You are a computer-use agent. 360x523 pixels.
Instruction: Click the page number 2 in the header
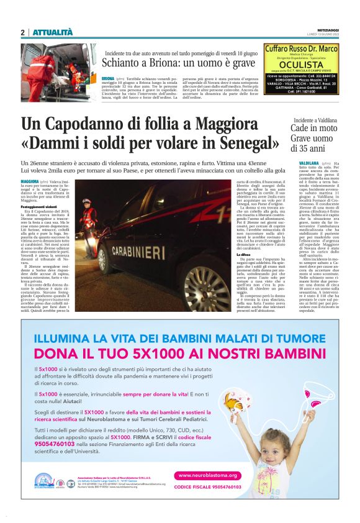[x=22, y=32]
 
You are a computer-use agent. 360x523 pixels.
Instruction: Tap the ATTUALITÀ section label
[x=53, y=32]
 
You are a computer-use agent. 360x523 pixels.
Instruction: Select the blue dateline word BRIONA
[x=108, y=79]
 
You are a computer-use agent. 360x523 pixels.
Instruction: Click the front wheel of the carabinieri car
[x=200, y=288]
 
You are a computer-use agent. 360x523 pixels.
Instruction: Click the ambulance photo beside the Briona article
[x=58, y=63]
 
